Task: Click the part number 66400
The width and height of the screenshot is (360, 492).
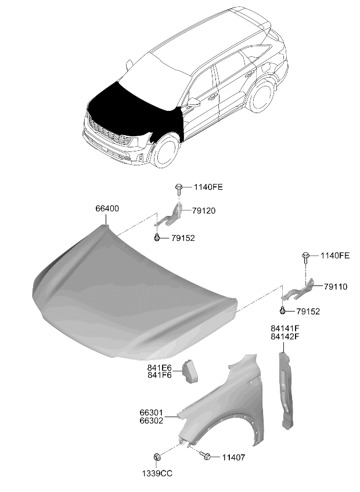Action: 107,208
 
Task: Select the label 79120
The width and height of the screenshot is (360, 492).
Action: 204,211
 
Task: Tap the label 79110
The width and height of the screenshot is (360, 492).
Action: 336,287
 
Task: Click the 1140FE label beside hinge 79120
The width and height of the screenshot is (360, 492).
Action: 208,187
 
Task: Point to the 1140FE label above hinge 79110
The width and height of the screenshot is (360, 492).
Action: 335,255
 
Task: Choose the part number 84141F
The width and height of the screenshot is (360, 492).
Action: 285,328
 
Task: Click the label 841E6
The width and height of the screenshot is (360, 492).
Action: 160,367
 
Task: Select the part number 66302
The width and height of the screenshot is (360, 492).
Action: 152,421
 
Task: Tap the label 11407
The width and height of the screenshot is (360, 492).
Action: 233,458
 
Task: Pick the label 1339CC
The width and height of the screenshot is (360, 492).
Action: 157,473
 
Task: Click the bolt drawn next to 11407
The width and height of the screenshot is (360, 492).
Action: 206,456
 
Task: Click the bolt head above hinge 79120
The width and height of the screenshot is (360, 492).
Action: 179,187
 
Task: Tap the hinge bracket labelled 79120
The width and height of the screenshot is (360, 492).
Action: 169,216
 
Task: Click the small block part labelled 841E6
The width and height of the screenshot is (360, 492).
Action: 190,372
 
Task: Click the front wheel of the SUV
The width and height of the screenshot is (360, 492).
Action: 166,152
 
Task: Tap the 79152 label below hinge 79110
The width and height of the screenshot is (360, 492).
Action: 308,311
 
